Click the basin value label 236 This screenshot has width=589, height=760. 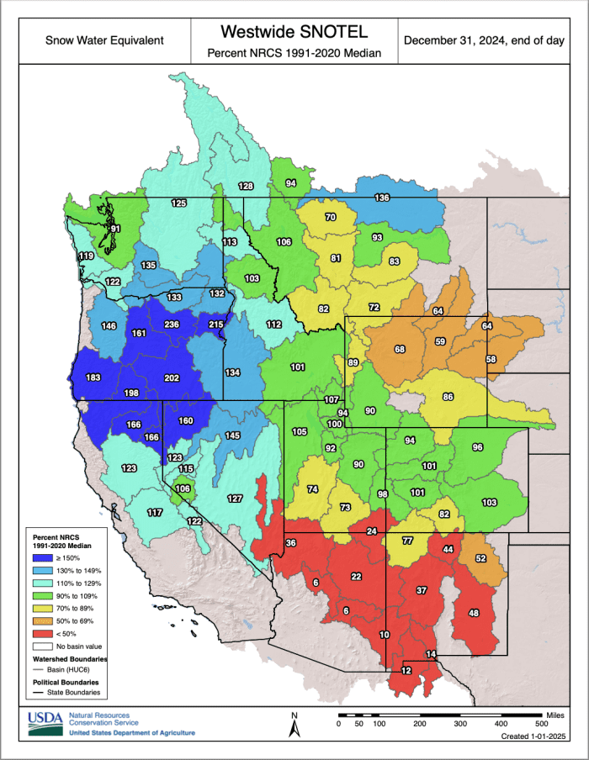(x=172, y=325)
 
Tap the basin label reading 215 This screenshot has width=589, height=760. (x=215, y=325)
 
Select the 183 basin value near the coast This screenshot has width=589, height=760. (x=93, y=377)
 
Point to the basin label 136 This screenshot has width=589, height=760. (x=382, y=198)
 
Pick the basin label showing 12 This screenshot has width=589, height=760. (x=406, y=670)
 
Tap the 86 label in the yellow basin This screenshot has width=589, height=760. (x=448, y=397)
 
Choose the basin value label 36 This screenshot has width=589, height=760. (x=291, y=544)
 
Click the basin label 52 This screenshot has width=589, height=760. (x=481, y=558)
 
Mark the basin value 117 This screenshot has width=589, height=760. (x=155, y=513)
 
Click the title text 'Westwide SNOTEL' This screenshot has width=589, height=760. (x=294, y=32)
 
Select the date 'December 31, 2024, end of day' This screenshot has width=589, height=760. (x=483, y=40)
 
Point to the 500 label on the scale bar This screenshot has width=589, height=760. (x=540, y=723)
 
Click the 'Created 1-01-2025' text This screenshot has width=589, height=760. (x=533, y=736)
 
